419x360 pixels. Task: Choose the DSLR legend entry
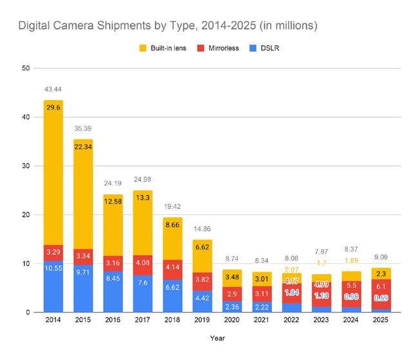(268, 48)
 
